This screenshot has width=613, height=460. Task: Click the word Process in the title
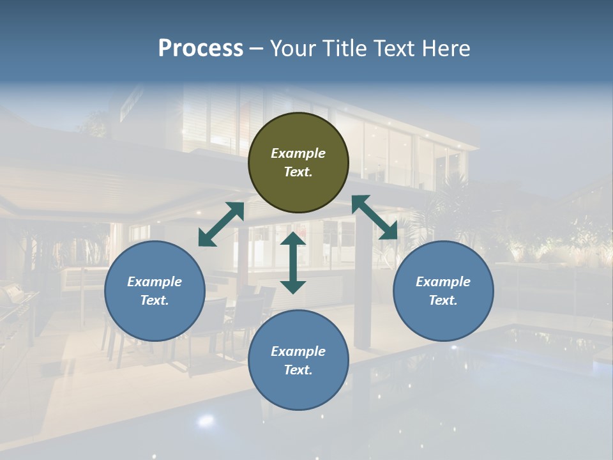201,49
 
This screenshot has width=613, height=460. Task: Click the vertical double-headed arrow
293,263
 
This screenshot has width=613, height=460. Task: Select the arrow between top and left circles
221,224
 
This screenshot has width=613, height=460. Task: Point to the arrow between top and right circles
375,217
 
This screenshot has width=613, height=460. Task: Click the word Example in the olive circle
298,153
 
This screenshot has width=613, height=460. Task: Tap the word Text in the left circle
155,300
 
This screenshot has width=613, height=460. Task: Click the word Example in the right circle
443,282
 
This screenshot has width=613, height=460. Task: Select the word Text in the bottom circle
298,370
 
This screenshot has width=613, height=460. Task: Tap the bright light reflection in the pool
206,420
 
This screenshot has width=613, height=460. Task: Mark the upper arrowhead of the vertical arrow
293,240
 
